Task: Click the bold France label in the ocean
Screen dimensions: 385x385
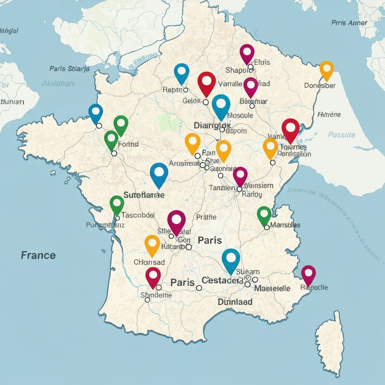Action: coord(38,255)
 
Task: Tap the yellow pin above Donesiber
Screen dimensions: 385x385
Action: coord(327,69)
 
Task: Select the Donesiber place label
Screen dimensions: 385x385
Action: coord(320,85)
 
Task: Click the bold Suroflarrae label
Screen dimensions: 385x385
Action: coord(144,195)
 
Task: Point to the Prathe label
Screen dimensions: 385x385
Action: coord(206,217)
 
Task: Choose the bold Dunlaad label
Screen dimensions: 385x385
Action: coord(235,302)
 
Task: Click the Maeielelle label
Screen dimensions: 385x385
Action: coord(272,288)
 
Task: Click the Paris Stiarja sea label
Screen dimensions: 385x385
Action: coord(70,68)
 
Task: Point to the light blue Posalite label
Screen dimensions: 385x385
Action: coord(341,135)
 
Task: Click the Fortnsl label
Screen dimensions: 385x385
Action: coord(128,144)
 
